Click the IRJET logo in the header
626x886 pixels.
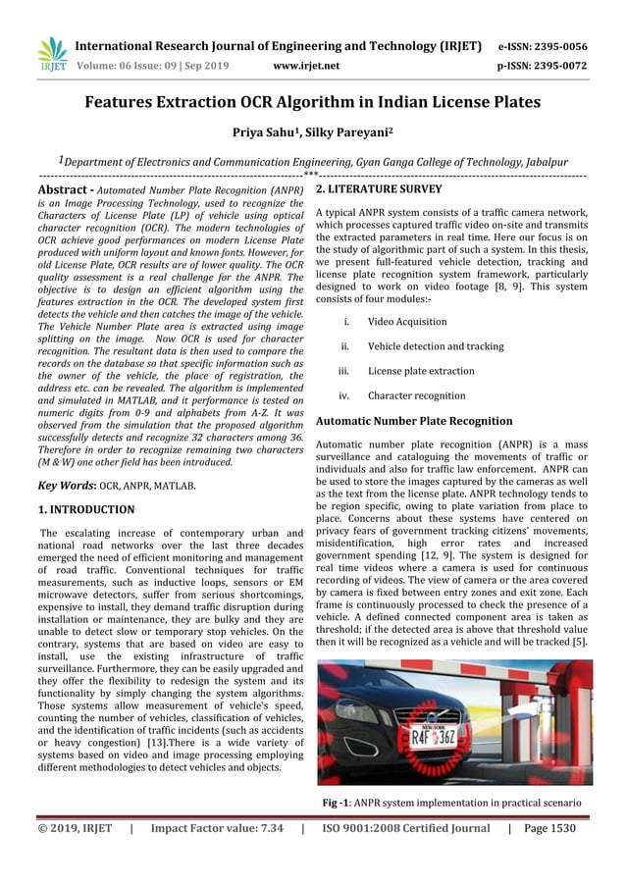49,55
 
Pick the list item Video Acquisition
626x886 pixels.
406,322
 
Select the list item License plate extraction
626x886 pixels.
420,372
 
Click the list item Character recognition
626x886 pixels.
416,396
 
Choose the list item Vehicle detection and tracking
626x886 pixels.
436,346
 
